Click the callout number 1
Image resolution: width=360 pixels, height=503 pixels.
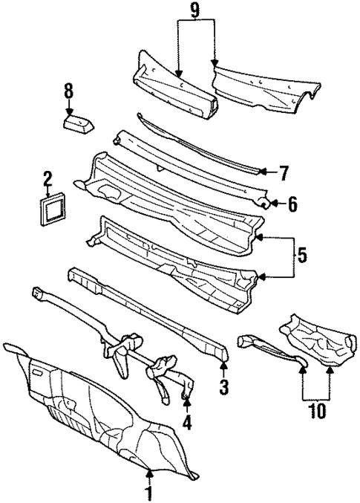148,492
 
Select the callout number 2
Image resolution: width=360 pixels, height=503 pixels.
47,178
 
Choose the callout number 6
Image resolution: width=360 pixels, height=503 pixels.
292,203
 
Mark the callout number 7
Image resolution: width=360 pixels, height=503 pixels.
283,173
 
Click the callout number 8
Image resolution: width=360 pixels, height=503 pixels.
68,91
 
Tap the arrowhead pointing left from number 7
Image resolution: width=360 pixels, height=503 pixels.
261,172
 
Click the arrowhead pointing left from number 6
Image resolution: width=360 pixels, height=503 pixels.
272,202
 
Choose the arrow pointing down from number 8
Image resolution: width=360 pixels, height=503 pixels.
68,107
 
